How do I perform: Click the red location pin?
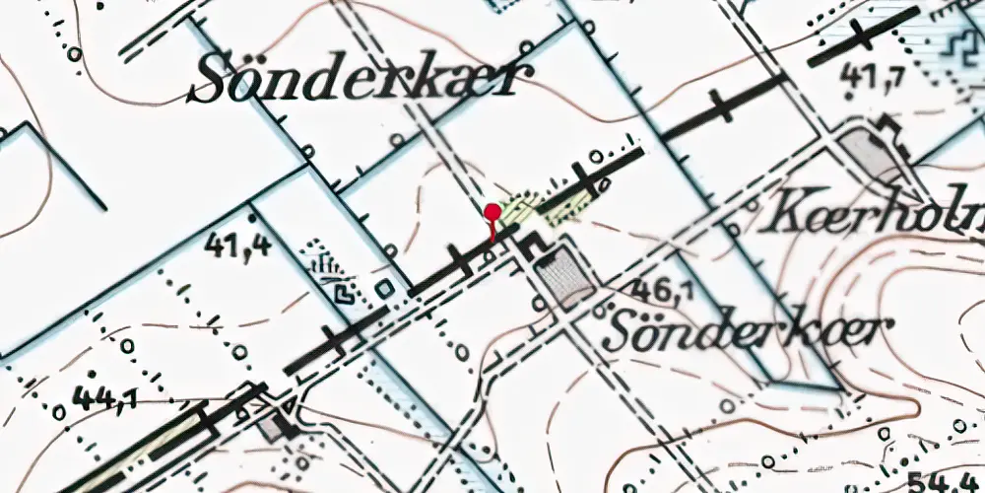click(x=492, y=213)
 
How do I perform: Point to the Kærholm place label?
click(x=872, y=213)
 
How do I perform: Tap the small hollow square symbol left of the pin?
click(x=384, y=288)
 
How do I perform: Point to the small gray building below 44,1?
click(x=275, y=426)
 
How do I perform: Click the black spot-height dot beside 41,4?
click(x=253, y=215)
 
